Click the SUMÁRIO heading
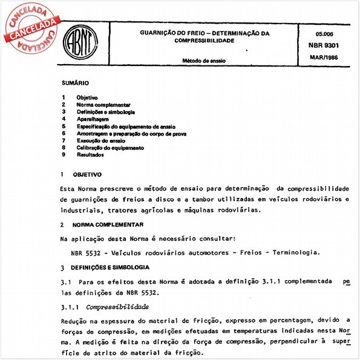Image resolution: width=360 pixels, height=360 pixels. [75, 82]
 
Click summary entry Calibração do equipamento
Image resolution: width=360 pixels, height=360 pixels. [110, 148]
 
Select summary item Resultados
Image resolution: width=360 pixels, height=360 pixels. [90, 155]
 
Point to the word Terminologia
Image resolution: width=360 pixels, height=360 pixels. [293, 252]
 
